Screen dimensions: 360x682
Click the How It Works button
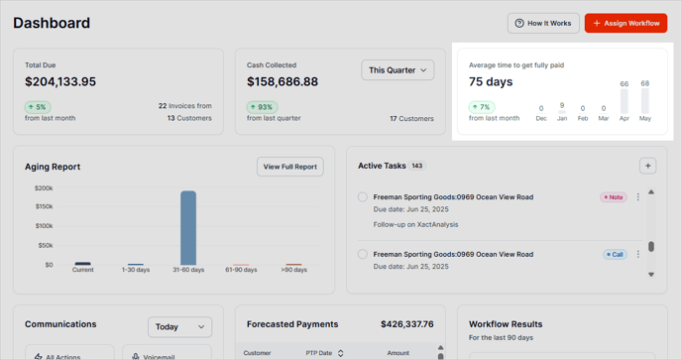click(543, 23)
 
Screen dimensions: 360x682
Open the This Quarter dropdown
click(398, 70)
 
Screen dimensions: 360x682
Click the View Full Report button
click(290, 167)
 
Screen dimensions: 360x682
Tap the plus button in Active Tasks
click(647, 166)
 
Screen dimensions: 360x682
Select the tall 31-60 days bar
click(188, 228)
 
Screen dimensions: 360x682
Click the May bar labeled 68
click(645, 100)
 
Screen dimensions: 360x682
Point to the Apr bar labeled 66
click(625, 101)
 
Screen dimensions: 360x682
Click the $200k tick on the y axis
click(44, 187)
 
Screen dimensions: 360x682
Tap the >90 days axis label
click(293, 270)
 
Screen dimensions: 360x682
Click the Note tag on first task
click(614, 197)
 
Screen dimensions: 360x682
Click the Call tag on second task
click(615, 255)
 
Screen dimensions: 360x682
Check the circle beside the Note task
click(363, 197)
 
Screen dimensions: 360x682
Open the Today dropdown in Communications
click(180, 326)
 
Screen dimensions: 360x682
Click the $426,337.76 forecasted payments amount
click(406, 324)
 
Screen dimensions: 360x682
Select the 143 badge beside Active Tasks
click(417, 167)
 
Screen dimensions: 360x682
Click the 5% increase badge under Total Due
click(38, 107)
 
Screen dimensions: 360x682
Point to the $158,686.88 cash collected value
click(283, 81)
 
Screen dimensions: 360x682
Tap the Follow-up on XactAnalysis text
click(415, 225)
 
